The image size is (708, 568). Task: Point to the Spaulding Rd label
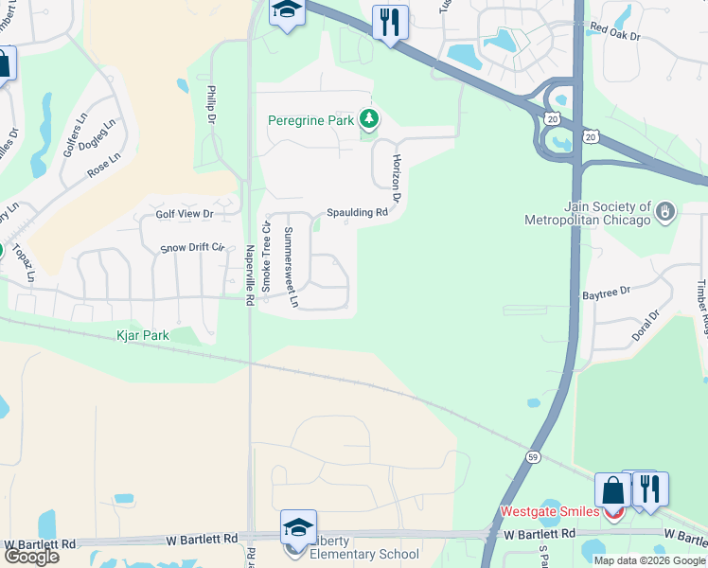pos(358,213)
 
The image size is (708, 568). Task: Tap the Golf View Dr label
pos(186,214)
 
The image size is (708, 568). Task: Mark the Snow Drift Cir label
pos(191,247)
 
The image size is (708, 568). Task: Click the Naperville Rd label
pos(250,275)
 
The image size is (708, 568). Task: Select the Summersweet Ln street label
pos(292,268)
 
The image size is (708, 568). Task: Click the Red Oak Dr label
pos(615,35)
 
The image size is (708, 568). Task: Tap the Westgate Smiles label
pos(549,512)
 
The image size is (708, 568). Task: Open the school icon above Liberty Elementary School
pos(298,527)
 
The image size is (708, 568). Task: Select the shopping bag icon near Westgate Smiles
pos(612,489)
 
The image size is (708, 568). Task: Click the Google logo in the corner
pos(31,556)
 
